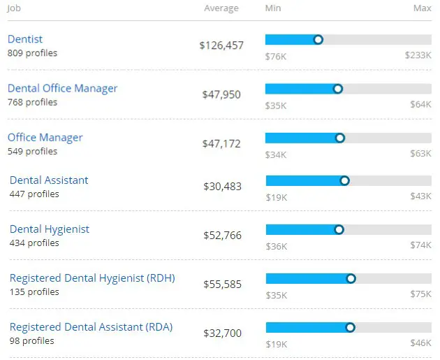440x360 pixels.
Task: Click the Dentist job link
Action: (25, 40)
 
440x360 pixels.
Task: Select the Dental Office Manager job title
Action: (62, 89)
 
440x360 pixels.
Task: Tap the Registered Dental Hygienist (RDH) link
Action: (92, 278)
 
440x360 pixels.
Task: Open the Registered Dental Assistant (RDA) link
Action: (91, 327)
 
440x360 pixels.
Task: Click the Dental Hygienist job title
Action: (50, 229)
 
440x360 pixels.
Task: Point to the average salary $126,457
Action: (221, 45)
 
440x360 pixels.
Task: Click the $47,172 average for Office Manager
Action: (221, 144)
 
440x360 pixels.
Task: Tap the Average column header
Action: (221, 8)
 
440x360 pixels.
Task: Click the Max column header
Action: (422, 8)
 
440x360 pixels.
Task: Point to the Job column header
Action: (15, 8)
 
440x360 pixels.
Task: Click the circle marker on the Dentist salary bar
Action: (318, 40)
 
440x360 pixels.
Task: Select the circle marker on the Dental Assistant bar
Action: (344, 180)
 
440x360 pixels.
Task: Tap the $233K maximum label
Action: (418, 56)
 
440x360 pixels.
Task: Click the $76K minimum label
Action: (276, 56)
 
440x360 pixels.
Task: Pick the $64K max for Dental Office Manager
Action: (420, 106)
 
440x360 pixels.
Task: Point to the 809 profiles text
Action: (32, 53)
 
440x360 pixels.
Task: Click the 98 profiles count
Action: (31, 341)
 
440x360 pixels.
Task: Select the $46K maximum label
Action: (421, 344)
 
